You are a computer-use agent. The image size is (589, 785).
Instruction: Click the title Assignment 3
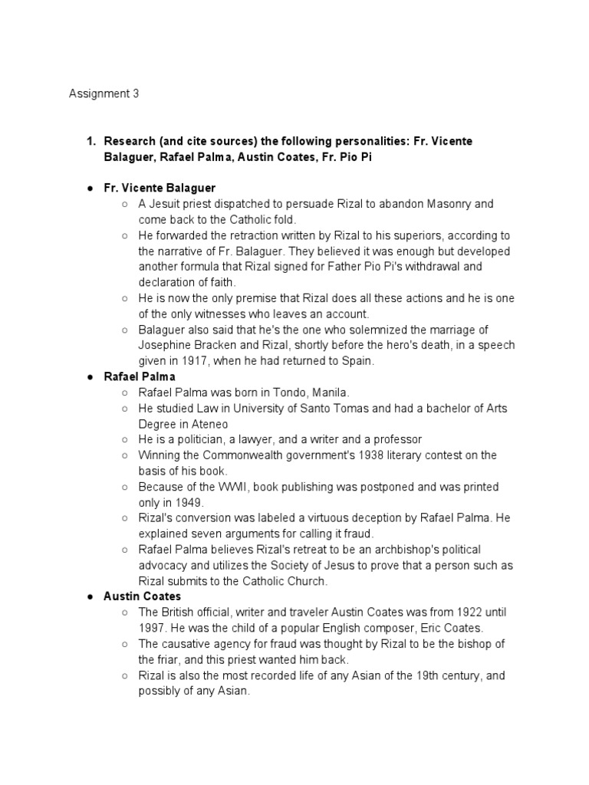pos(104,94)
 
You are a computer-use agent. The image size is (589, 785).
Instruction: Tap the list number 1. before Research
pos(90,142)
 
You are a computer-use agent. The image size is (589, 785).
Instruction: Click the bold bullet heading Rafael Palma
pos(140,376)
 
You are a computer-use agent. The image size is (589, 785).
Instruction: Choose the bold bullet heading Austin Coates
pos(143,596)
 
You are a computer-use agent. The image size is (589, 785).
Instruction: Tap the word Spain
pos(357,361)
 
